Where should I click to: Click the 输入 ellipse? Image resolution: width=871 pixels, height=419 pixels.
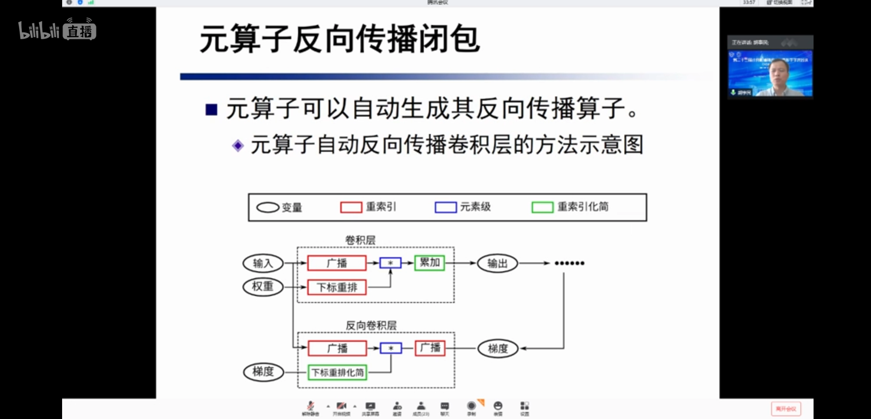(263, 263)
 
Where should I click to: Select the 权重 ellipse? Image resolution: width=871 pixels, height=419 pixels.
(263, 287)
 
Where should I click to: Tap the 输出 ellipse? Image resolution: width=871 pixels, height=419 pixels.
(497, 263)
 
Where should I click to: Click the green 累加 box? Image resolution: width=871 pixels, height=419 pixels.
(429, 263)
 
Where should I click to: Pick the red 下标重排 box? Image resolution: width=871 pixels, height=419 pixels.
(337, 287)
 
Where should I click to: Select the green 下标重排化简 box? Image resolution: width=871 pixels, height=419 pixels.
(337, 372)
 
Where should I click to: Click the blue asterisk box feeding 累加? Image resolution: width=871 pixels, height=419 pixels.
(390, 263)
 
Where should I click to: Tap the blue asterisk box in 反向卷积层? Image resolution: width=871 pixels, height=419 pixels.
(391, 348)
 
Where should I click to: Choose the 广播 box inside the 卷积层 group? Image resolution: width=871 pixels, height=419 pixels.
(337, 263)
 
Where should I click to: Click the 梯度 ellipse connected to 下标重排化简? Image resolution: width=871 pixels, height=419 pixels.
(263, 372)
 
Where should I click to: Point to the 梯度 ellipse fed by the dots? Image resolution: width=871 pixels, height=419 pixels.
(498, 348)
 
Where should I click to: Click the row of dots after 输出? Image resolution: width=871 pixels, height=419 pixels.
(569, 263)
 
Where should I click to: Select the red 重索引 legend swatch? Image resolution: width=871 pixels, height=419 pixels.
(351, 207)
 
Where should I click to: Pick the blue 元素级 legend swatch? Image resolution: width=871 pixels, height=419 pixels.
(445, 207)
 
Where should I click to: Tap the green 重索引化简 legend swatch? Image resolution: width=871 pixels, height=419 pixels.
(542, 207)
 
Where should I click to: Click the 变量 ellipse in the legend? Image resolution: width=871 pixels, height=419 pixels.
(268, 208)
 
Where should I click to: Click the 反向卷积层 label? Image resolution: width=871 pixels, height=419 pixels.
(371, 326)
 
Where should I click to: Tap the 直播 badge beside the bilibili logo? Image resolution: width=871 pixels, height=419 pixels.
(80, 31)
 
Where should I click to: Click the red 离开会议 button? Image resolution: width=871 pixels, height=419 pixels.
(786, 409)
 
